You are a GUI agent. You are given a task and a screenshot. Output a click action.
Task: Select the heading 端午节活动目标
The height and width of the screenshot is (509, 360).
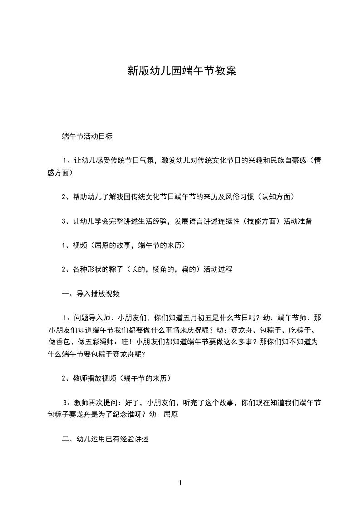click(87, 136)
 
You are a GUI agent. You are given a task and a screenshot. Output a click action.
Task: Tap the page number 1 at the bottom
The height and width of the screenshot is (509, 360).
click(180, 483)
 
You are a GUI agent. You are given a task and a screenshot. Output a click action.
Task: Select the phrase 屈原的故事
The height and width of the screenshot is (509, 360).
click(113, 245)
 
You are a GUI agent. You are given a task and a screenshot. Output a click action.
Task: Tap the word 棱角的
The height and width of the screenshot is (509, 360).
click(157, 269)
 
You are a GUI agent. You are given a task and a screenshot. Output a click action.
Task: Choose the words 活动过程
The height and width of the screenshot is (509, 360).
click(218, 269)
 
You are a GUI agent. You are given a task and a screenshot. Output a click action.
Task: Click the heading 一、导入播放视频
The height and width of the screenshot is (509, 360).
click(91, 294)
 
